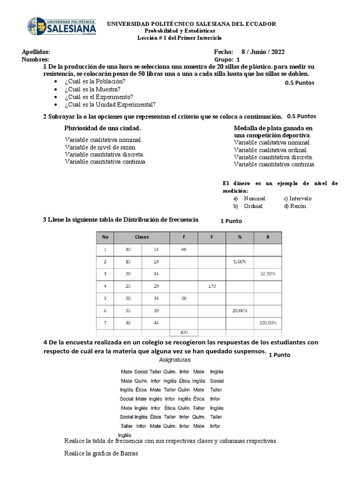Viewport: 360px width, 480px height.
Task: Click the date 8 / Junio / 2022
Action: pyautogui.click(x=262, y=52)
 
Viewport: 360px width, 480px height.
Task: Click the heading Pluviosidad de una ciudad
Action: pyautogui.click(x=102, y=128)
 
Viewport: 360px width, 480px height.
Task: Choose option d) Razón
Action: pyautogui.click(x=295, y=206)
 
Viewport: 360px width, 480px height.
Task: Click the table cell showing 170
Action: pyautogui.click(x=211, y=285)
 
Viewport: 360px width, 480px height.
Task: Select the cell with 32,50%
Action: pyautogui.click(x=268, y=273)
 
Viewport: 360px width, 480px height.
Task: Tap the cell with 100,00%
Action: pyautogui.click(x=268, y=323)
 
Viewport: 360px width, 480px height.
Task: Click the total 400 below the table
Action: pyautogui.click(x=184, y=332)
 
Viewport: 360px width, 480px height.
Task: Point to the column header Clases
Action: pyautogui.click(x=142, y=237)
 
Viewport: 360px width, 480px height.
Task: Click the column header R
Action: pyautogui.click(x=268, y=237)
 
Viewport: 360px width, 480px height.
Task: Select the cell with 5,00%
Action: pyautogui.click(x=240, y=261)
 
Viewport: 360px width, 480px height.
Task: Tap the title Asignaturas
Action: pyautogui.click(x=175, y=360)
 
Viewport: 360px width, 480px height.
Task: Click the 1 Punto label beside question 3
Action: pyautogui.click(x=231, y=221)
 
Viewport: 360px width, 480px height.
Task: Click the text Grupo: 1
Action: pyautogui.click(x=227, y=60)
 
